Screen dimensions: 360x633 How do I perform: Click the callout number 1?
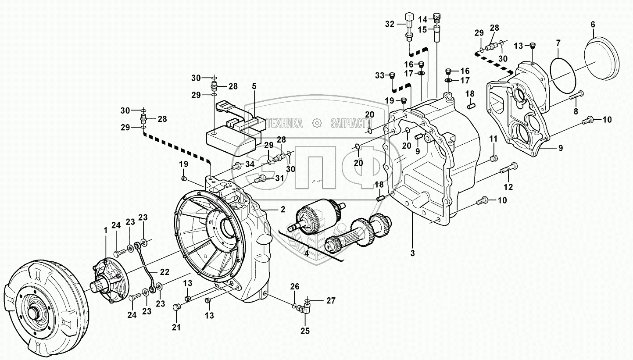(105, 229)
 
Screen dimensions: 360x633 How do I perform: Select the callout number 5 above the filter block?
(254, 86)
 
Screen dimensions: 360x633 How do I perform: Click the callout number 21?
(177, 327)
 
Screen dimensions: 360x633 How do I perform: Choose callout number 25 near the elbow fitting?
(305, 331)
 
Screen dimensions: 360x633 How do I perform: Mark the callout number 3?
(412, 253)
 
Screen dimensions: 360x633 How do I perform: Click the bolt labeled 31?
(261, 178)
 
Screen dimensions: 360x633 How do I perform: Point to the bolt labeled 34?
(237, 165)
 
